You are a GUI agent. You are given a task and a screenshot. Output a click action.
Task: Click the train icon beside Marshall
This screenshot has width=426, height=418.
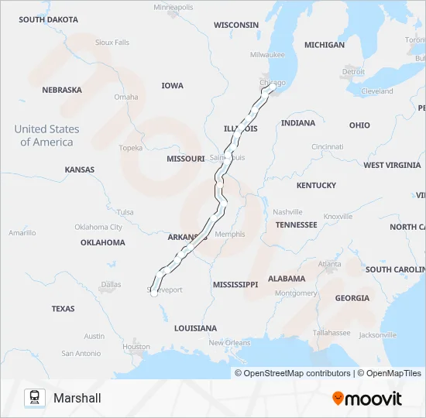click(33, 398)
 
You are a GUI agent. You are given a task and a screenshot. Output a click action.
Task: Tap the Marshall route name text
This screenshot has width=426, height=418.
click(77, 398)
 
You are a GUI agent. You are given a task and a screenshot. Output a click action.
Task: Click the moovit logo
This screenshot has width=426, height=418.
click(367, 399)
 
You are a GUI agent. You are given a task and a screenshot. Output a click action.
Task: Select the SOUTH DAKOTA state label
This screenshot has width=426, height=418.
click(49, 19)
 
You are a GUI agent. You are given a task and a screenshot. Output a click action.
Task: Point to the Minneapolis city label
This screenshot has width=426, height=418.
click(173, 7)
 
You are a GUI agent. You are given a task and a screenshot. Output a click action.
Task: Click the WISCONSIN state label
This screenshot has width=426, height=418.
click(236, 25)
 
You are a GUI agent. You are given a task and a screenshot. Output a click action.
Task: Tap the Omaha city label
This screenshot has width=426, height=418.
click(126, 97)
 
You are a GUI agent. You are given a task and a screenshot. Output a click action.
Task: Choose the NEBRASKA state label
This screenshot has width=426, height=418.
click(62, 90)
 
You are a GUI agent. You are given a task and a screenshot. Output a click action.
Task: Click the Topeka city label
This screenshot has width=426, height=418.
click(131, 147)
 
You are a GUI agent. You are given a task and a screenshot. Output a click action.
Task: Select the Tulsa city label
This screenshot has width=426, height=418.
click(125, 211)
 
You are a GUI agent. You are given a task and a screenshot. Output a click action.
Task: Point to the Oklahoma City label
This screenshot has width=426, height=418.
click(98, 227)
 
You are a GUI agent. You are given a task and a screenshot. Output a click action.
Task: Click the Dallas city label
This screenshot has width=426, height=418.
click(111, 284)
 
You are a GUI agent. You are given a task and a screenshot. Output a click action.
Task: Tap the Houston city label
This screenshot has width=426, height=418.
click(136, 347)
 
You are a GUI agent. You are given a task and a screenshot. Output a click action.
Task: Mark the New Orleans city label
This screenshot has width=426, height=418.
click(229, 343)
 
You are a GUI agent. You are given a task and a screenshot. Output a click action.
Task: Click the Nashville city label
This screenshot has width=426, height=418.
click(287, 211)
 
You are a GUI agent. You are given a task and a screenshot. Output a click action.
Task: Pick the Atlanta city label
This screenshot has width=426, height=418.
click(329, 264)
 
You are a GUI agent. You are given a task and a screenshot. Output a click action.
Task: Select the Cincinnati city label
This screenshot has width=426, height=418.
click(328, 146)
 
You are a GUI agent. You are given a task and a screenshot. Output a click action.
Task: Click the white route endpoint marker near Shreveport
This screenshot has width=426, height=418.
click(153, 293)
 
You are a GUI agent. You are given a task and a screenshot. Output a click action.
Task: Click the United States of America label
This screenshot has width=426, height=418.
click(46, 135)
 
